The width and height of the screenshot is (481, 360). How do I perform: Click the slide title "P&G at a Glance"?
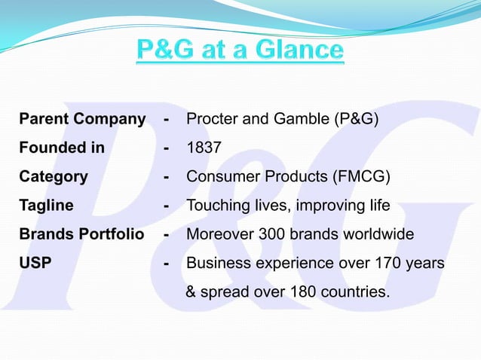(x=240, y=52)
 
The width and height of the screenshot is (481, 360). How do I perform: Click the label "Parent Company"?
(x=82, y=119)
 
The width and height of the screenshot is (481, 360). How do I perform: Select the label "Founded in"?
(x=62, y=148)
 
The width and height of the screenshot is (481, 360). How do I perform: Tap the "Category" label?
(x=54, y=177)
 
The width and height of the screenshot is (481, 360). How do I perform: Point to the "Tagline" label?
(x=47, y=206)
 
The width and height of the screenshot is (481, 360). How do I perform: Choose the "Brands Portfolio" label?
(x=81, y=234)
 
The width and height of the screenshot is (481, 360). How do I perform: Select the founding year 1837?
(x=204, y=148)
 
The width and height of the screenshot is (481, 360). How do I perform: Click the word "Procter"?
(x=212, y=119)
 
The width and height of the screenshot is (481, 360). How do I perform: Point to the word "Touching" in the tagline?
(x=216, y=206)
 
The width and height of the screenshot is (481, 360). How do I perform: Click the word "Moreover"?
(x=219, y=234)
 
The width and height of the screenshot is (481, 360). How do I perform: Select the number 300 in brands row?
(x=271, y=234)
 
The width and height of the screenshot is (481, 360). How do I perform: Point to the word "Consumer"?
(x=219, y=177)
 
